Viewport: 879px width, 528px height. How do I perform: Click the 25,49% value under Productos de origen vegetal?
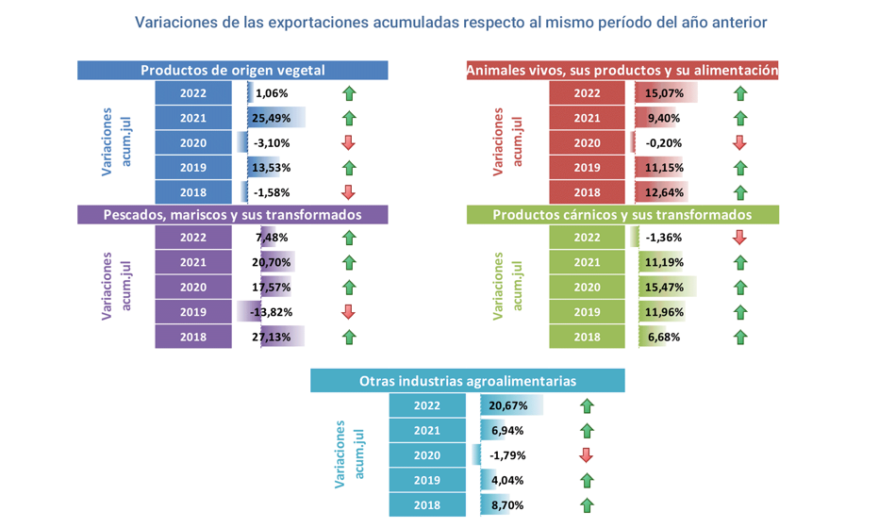point(272,119)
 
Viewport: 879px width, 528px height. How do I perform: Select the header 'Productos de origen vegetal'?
point(233,71)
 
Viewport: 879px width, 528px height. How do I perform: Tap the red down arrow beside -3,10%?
point(348,143)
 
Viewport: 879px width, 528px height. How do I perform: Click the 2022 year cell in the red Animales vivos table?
point(587,93)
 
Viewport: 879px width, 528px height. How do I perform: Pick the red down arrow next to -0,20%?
point(739,143)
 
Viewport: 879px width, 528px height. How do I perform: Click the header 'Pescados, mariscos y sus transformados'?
point(233,215)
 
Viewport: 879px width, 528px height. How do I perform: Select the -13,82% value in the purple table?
point(271,312)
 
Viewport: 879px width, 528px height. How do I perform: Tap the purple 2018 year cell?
point(192,337)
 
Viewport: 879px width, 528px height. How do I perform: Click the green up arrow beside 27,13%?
point(348,337)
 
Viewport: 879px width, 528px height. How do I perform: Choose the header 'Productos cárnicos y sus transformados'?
point(622,215)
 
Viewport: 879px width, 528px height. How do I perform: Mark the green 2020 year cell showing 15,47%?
point(587,288)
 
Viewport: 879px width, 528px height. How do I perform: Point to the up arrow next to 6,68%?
point(739,337)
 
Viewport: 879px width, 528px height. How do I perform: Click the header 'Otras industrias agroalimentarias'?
point(468,381)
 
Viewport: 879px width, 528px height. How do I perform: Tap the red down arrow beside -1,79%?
point(586,455)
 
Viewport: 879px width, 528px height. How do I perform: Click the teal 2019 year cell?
point(427,481)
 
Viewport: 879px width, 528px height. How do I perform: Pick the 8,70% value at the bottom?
point(507,505)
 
